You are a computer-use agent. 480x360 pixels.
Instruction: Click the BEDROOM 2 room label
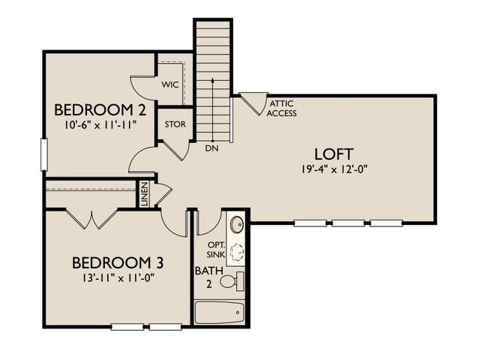(100, 110)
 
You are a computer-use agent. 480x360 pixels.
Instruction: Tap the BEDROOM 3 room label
(118, 262)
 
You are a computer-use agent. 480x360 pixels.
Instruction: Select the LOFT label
(334, 154)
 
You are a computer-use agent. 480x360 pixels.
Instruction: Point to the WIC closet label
(170, 85)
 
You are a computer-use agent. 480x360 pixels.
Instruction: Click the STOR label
(175, 124)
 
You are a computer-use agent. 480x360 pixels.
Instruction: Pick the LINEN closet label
(145, 194)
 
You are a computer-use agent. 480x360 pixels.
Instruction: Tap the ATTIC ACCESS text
(282, 108)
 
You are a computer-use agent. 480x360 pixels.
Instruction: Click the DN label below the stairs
(211, 148)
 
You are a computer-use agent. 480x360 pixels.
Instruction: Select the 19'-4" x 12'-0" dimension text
(334, 169)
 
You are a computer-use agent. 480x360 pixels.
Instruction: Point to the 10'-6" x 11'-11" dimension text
(100, 124)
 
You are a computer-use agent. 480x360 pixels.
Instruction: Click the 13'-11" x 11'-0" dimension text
(118, 277)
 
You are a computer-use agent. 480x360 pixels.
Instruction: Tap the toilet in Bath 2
(232, 281)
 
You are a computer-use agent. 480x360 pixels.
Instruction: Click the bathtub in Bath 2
(220, 313)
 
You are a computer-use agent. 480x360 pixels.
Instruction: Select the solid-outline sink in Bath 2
(237, 224)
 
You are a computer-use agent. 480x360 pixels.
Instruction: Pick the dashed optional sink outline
(237, 252)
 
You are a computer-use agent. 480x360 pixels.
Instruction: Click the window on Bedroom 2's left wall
(44, 154)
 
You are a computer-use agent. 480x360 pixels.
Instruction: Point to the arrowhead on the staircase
(212, 80)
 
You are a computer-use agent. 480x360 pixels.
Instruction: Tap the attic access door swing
(254, 103)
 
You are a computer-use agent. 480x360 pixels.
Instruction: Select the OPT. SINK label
(217, 250)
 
